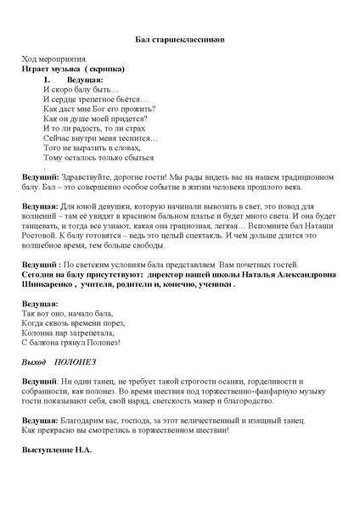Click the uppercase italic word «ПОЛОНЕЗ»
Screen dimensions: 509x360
point(76,360)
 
